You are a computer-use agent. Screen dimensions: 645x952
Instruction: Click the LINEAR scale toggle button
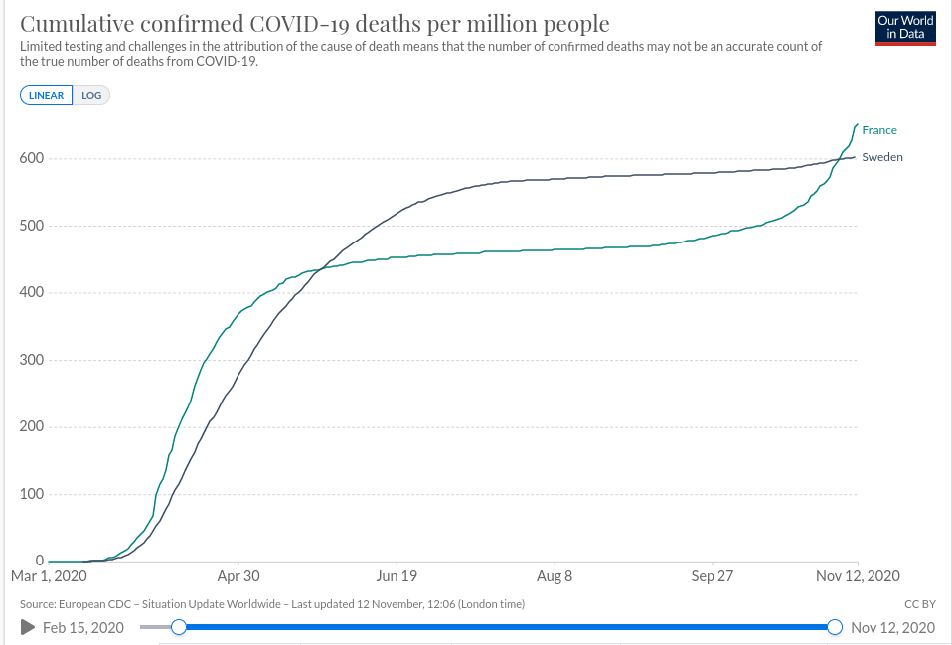(46, 95)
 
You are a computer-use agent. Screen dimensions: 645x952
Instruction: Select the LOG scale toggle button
(91, 95)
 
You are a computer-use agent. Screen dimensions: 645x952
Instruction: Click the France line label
(878, 130)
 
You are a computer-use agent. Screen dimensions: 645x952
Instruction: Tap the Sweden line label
(881, 157)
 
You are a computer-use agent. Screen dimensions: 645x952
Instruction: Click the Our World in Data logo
(905, 27)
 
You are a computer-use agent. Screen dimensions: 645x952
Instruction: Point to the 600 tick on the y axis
(32, 159)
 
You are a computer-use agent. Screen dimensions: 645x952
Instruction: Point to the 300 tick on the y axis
(32, 360)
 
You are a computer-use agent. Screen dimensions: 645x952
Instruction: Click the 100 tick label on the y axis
(32, 494)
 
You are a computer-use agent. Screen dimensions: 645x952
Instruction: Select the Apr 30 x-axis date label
(238, 576)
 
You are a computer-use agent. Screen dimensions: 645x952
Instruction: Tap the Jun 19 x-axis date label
(396, 576)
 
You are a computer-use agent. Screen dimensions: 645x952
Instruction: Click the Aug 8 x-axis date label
(554, 576)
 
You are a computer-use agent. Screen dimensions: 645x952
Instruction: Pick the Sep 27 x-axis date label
(712, 576)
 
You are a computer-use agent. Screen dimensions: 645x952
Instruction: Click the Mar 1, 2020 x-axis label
(51, 576)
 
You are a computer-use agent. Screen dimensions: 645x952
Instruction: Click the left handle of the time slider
(179, 627)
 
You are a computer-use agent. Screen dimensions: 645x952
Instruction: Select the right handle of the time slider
(835, 627)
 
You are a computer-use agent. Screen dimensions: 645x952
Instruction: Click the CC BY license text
(920, 604)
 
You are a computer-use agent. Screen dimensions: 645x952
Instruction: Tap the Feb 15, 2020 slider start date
(83, 627)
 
